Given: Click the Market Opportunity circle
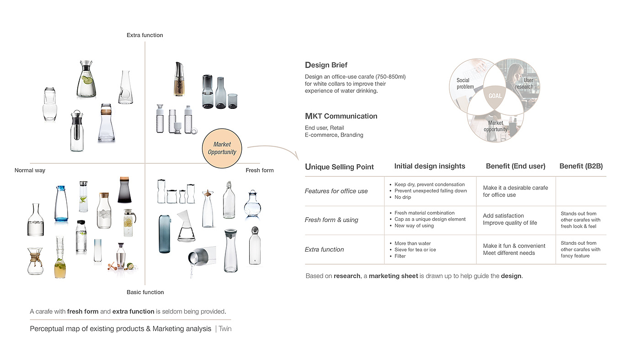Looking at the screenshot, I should click(222, 148).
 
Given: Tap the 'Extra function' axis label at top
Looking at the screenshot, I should click(145, 35).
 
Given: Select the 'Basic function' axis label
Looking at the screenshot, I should click(145, 292).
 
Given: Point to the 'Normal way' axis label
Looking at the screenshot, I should click(30, 171).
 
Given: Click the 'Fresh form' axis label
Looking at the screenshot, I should click(260, 171).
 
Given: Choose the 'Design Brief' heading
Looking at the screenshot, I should click(326, 65).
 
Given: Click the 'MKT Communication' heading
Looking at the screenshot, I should click(341, 116).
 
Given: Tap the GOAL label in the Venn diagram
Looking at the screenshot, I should click(495, 96).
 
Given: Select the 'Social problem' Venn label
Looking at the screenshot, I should click(465, 83).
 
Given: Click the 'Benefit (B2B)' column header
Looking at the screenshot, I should click(581, 167).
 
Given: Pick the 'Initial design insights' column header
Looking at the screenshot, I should click(430, 167).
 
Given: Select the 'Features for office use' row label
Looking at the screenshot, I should click(336, 191).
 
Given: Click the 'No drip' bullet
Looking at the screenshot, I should click(403, 197).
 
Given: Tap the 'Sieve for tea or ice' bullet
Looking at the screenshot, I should click(415, 250).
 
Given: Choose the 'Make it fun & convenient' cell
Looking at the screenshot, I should click(514, 246).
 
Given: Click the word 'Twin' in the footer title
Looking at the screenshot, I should click(225, 329).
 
